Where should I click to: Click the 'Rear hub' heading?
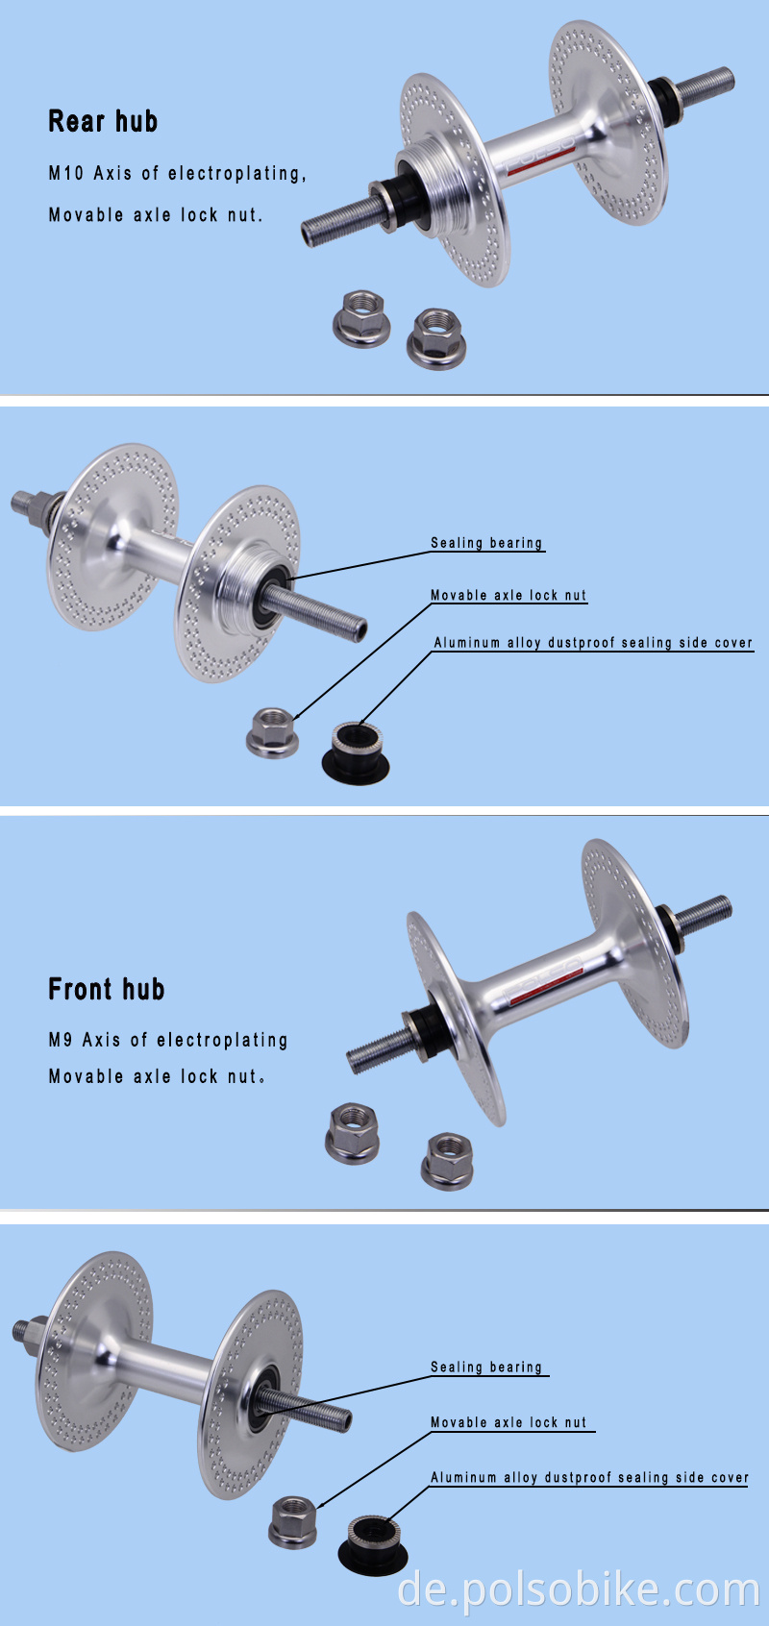(103, 121)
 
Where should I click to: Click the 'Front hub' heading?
(107, 989)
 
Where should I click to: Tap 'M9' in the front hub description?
(60, 1040)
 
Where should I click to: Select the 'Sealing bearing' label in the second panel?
(486, 543)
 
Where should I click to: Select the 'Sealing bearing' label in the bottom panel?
(486, 1367)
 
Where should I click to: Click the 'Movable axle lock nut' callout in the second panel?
(508, 595)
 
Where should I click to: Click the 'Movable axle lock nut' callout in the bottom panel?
(508, 1422)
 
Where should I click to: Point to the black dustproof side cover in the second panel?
(356, 755)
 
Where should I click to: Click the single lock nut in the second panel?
(273, 732)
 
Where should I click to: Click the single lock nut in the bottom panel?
(294, 1521)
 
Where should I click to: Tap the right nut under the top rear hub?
(437, 337)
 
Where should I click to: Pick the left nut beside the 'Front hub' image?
(354, 1133)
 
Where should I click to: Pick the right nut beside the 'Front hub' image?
(447, 1160)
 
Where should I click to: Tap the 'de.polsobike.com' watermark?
(578, 1590)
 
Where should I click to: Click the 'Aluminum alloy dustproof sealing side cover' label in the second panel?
(592, 643)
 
